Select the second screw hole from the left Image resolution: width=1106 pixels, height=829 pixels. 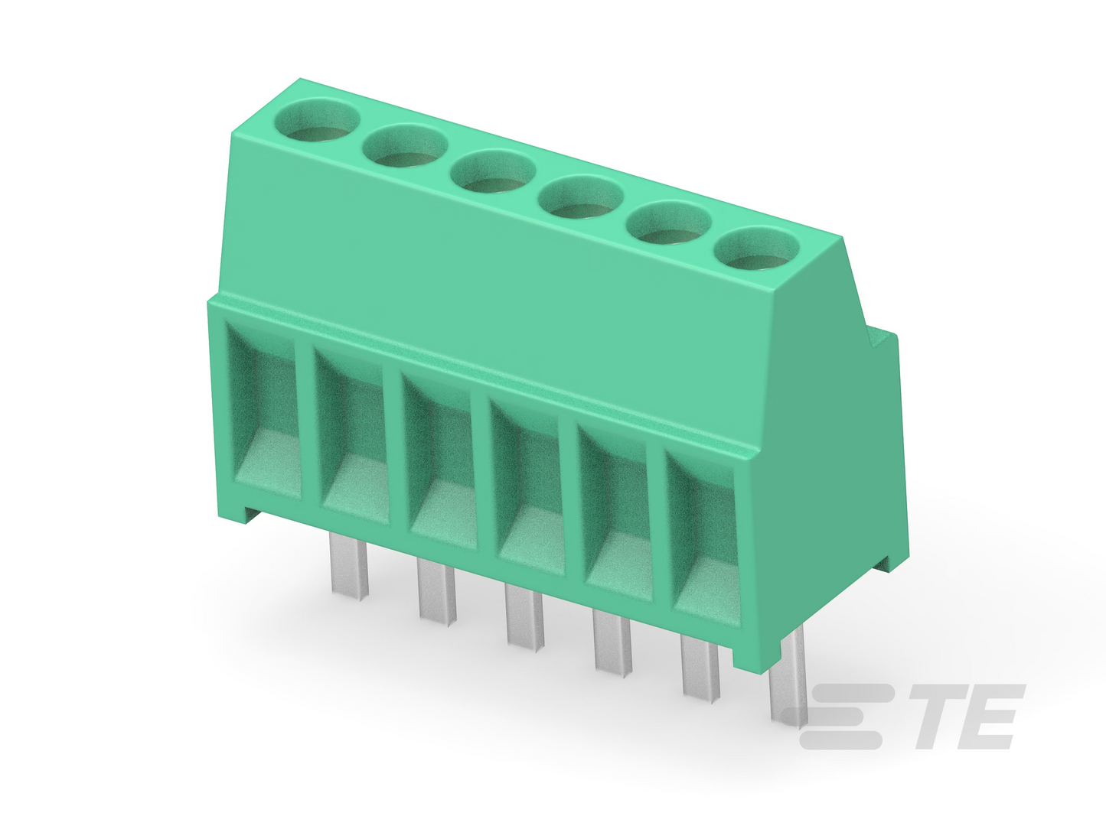click(x=405, y=145)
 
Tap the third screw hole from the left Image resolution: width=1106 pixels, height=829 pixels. click(x=492, y=171)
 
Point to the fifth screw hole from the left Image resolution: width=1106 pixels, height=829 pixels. click(x=668, y=223)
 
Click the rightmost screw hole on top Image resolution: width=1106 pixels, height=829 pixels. click(x=756, y=249)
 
